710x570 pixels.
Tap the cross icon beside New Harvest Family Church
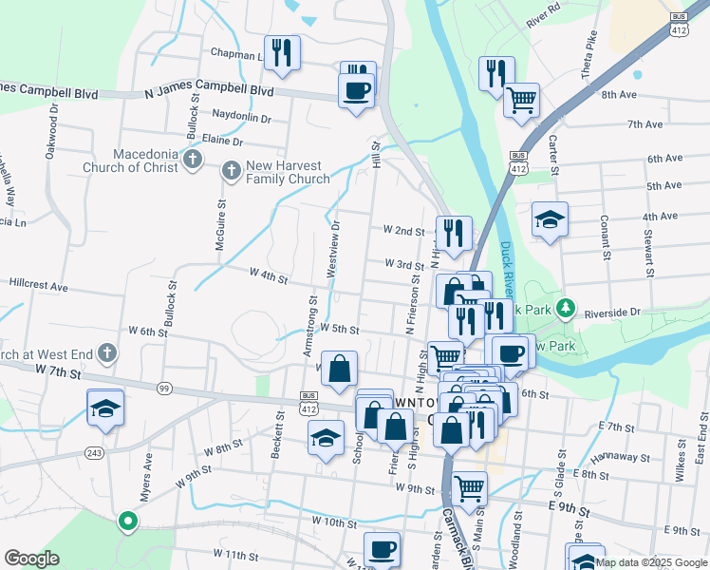pos(230,171)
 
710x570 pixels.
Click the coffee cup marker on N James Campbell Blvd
pos(356,92)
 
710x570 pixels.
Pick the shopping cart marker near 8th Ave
pos(521,100)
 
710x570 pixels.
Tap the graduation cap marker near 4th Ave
pos(550,220)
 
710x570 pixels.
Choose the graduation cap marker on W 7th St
pos(105,408)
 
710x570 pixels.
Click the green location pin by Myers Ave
pos(127,521)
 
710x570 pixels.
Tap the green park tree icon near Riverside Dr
pos(566,308)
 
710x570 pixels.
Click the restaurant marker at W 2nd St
pos(454,233)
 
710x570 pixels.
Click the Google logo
pos(31,559)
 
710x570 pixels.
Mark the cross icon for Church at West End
pos(107,354)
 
